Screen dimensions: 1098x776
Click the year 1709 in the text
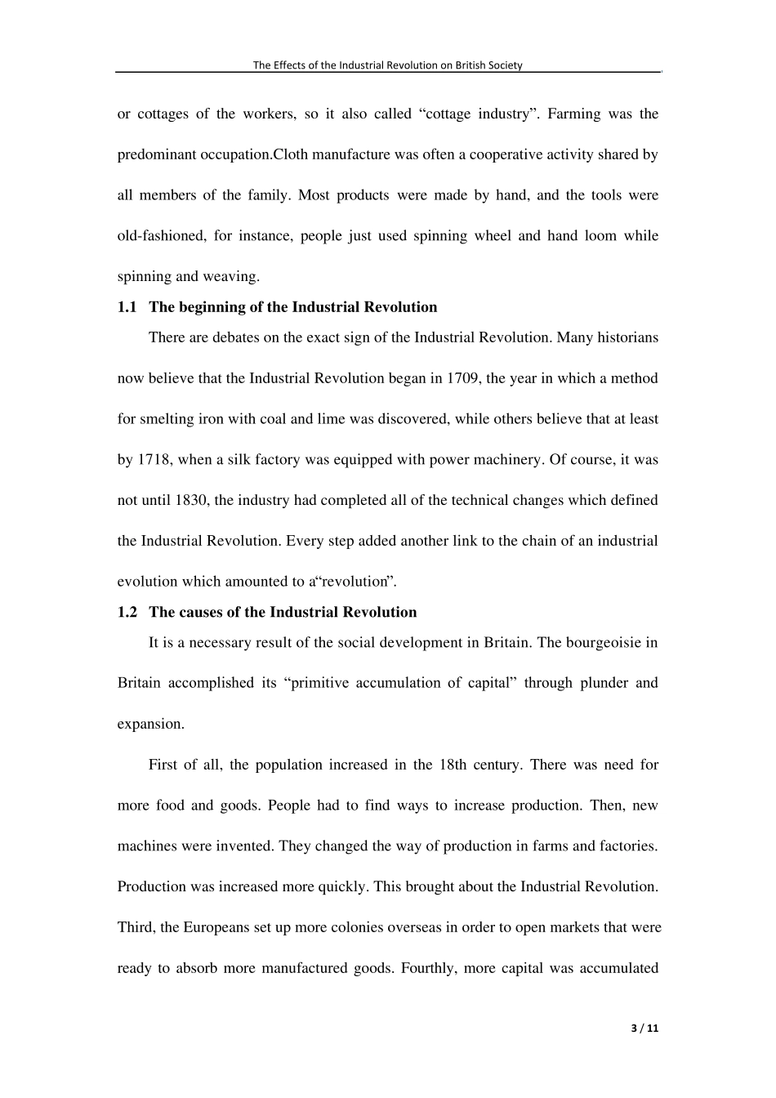point(462,378)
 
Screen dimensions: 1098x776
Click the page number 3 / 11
point(644,1029)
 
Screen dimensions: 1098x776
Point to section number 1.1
point(127,307)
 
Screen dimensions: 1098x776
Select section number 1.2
point(127,612)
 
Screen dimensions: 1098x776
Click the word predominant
point(154,154)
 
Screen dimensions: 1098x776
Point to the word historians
point(627,337)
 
